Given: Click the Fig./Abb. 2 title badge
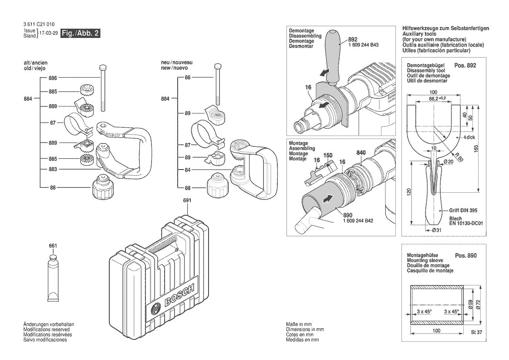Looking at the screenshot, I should tap(81, 34).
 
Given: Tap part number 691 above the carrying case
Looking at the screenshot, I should tap(187, 200).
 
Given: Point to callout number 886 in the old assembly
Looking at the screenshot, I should tap(53, 78).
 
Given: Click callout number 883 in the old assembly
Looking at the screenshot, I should tap(53, 169).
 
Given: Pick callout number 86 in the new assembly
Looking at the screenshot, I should tap(188, 78).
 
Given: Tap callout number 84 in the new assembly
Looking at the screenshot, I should tap(188, 170).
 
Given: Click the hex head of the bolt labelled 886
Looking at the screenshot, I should tap(103, 68).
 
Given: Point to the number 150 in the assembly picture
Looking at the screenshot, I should tap(328, 155).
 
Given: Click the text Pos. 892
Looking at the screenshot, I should tap(465, 65).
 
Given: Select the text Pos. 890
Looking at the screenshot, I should tap(465, 255).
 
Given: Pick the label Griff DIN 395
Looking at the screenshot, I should tap(463, 210).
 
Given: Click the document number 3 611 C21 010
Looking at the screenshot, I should tap(39, 24).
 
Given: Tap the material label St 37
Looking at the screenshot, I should tap(477, 332).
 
